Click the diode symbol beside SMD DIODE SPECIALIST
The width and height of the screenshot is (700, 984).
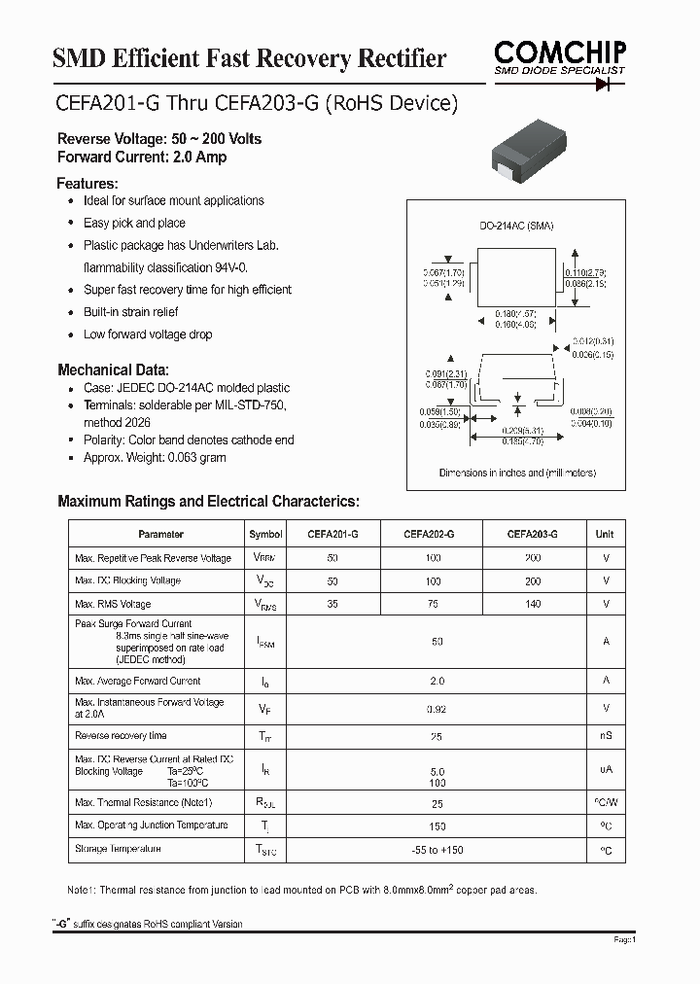pos(609,84)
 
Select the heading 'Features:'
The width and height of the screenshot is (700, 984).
pos(87,183)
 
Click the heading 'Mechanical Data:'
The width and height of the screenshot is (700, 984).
pos(113,369)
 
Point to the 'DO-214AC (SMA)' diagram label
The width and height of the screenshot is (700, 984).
pos(515,226)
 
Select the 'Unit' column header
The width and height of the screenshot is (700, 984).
pos(605,534)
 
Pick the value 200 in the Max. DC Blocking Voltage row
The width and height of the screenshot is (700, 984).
pos(532,580)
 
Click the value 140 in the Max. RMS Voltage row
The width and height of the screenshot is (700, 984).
pos(532,604)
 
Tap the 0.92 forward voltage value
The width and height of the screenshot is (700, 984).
pos(437,710)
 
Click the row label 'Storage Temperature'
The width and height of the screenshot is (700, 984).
pos(118,849)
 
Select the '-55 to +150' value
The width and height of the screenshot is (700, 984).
pos(437,851)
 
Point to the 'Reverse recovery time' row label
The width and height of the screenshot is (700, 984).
pos(121,736)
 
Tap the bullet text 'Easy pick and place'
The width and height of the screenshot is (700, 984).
pos(134,223)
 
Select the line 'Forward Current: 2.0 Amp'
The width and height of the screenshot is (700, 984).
pos(142,157)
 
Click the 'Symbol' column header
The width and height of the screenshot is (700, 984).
pos(265,534)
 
